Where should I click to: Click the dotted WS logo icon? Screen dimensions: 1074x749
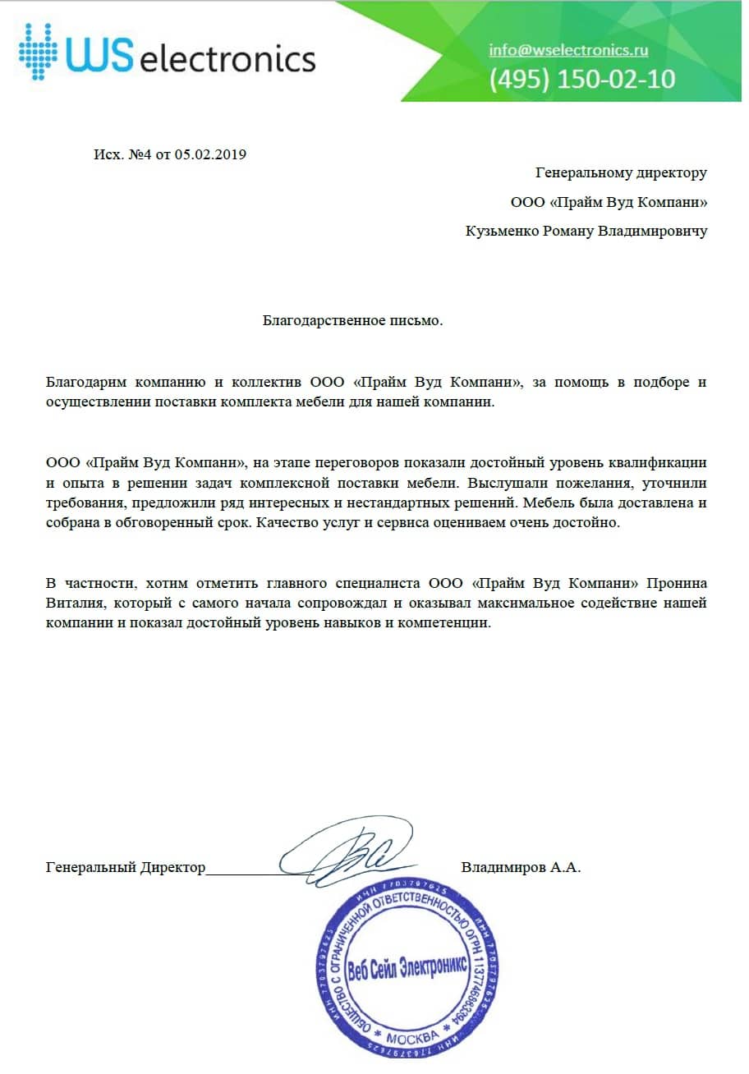(39, 51)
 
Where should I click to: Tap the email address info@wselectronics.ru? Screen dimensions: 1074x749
(568, 50)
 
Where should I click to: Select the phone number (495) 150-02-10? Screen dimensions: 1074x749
(582, 79)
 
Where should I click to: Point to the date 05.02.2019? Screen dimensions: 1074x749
(210, 154)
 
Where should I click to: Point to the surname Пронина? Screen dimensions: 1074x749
(677, 584)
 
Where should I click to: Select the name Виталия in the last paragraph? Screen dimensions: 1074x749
(71, 604)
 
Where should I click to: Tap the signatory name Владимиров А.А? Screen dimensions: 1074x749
(521, 867)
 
